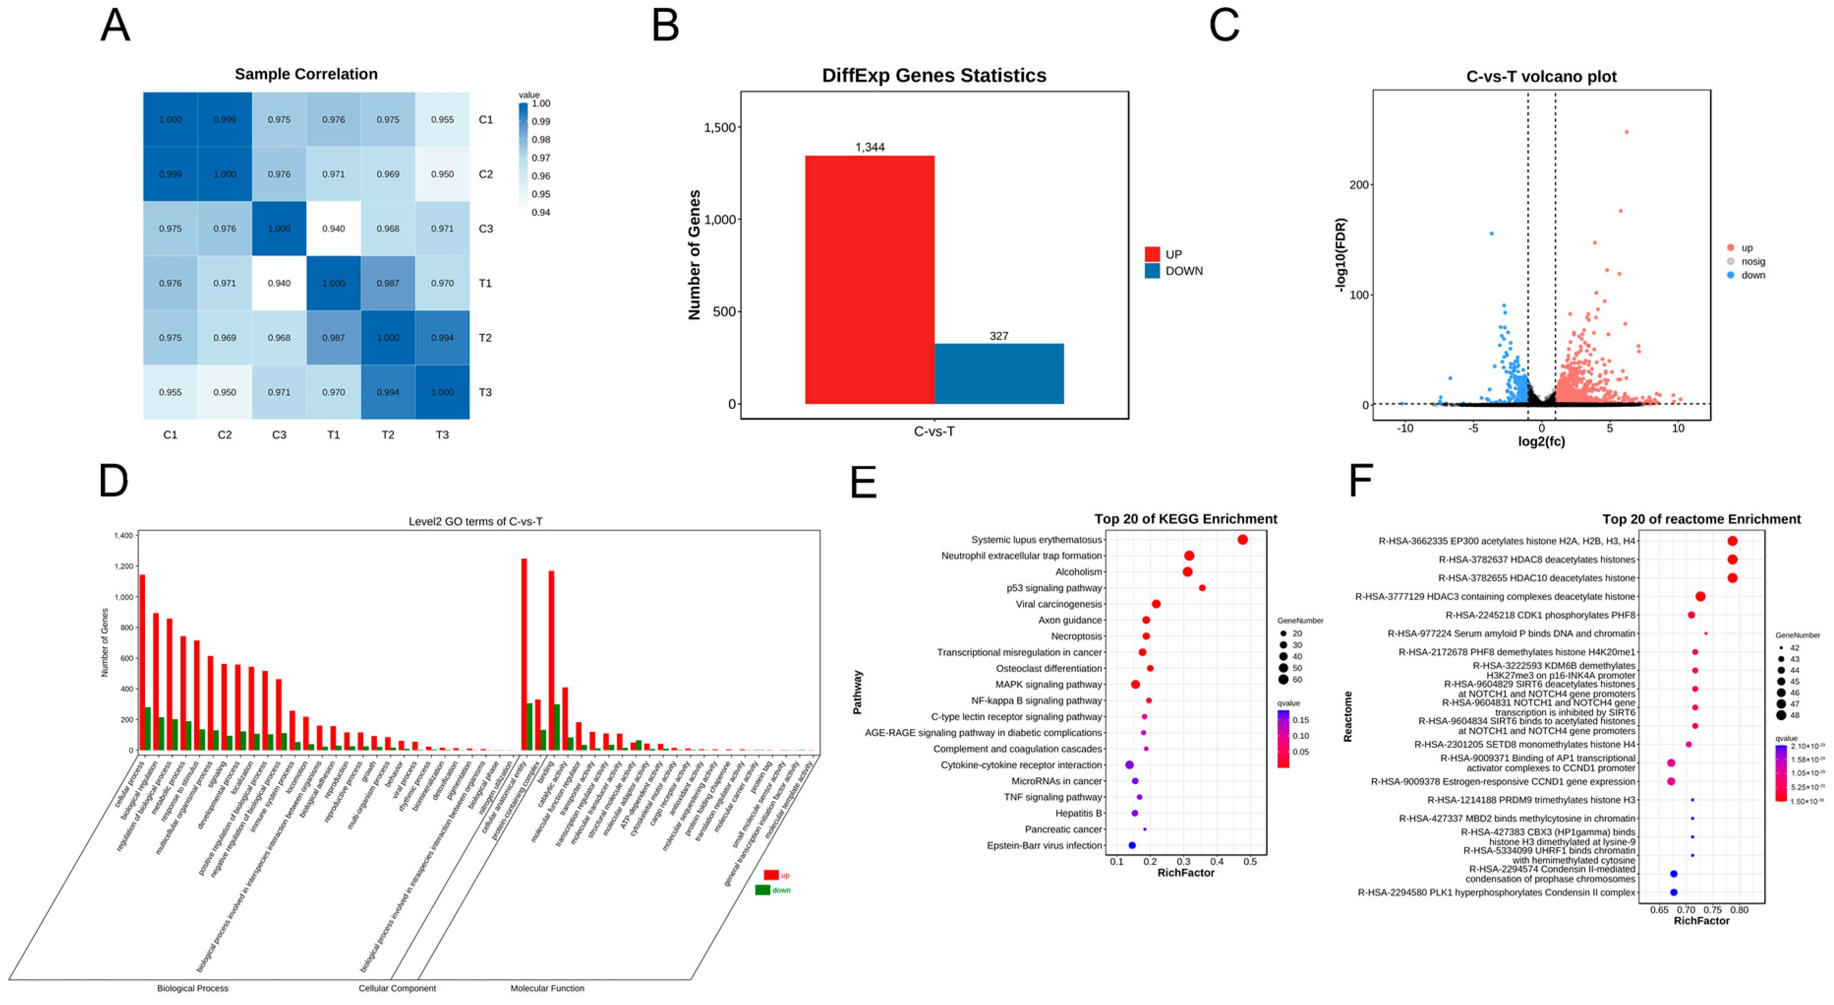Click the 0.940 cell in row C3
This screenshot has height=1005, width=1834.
(x=333, y=229)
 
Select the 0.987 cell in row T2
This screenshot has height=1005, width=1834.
(x=333, y=337)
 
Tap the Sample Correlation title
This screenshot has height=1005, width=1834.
(x=306, y=74)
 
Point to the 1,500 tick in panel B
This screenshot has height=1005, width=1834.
(x=719, y=127)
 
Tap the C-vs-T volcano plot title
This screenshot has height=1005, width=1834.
(x=1542, y=76)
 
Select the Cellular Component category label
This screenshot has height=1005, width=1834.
(x=397, y=988)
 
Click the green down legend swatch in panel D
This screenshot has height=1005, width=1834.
(x=762, y=889)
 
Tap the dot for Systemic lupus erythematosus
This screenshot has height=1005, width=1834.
(x=1242, y=540)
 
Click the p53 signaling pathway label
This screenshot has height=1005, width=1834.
(x=1054, y=588)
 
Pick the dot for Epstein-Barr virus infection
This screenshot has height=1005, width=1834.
(x=1132, y=846)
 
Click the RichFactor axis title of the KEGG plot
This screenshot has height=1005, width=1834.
(x=1186, y=873)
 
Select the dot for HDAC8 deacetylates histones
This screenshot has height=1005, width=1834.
(x=1732, y=560)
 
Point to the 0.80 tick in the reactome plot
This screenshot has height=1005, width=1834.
(x=1739, y=910)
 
